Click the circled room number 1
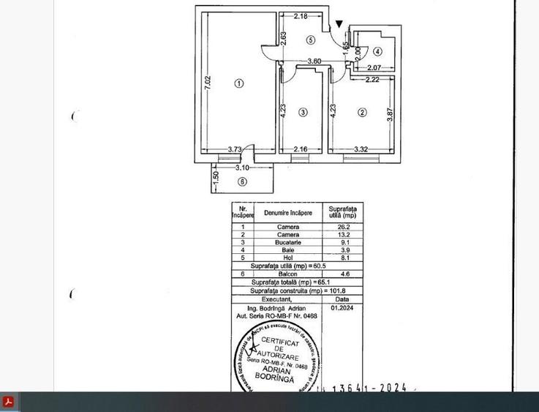coord(239,83)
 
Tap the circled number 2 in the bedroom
coord(362,113)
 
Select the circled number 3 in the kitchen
coord(303,113)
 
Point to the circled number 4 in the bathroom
coord(377,52)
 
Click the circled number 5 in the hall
coord(311,40)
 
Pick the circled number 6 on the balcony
coord(242,182)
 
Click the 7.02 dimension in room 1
coord(208,83)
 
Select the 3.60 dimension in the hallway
coord(314,61)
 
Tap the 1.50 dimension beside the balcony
coord(216,176)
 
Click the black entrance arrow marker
coord(339,25)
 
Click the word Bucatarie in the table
coord(288,242)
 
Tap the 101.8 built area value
coord(337,291)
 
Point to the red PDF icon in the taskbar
coord(8,402)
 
